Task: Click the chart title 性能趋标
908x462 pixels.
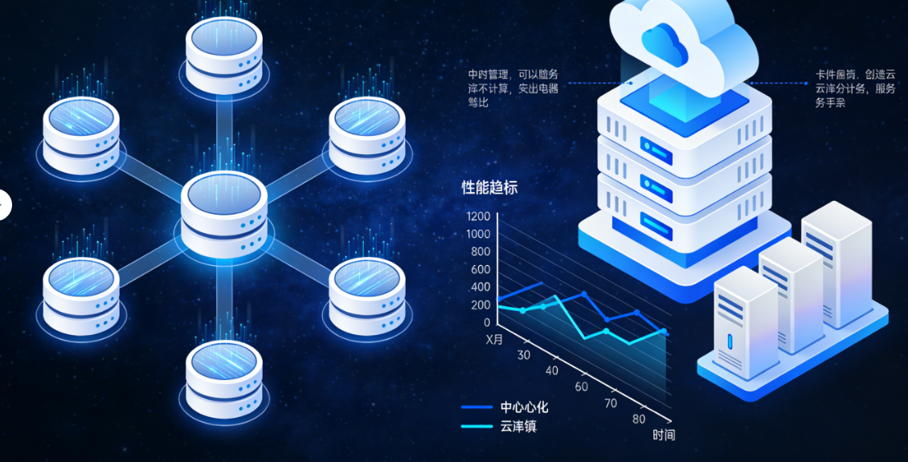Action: (489, 188)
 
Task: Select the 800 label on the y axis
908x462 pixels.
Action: (481, 251)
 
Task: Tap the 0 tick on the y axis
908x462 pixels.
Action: (487, 322)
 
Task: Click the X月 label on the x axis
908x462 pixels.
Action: (494, 339)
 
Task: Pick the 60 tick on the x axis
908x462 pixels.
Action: (581, 386)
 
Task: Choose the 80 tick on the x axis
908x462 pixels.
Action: (639, 419)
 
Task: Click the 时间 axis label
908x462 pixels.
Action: (664, 435)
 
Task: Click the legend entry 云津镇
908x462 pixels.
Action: (518, 426)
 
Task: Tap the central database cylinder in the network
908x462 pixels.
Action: (223, 212)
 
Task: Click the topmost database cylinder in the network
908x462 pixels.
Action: (224, 55)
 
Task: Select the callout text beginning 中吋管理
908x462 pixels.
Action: (513, 88)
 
